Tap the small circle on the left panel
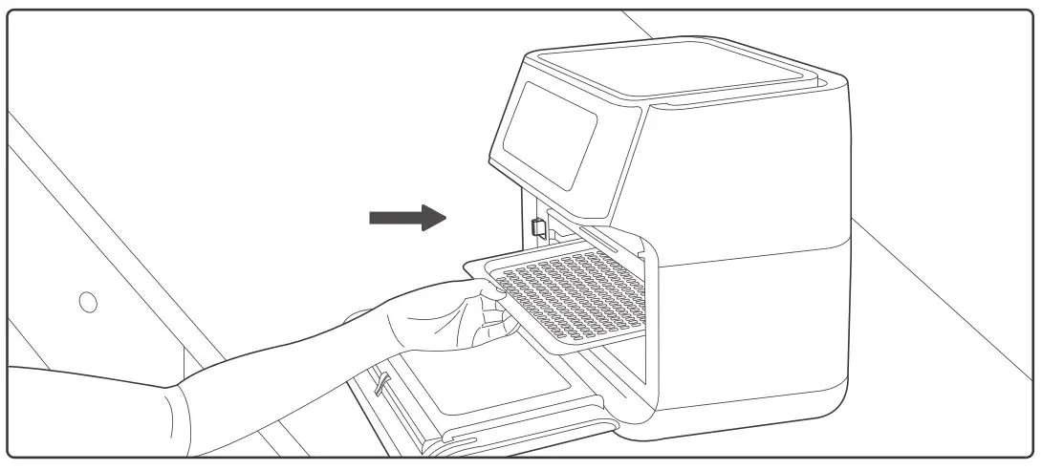point(88,302)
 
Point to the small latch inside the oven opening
point(537,228)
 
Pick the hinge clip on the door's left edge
point(382,382)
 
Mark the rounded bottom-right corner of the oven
point(832,401)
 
